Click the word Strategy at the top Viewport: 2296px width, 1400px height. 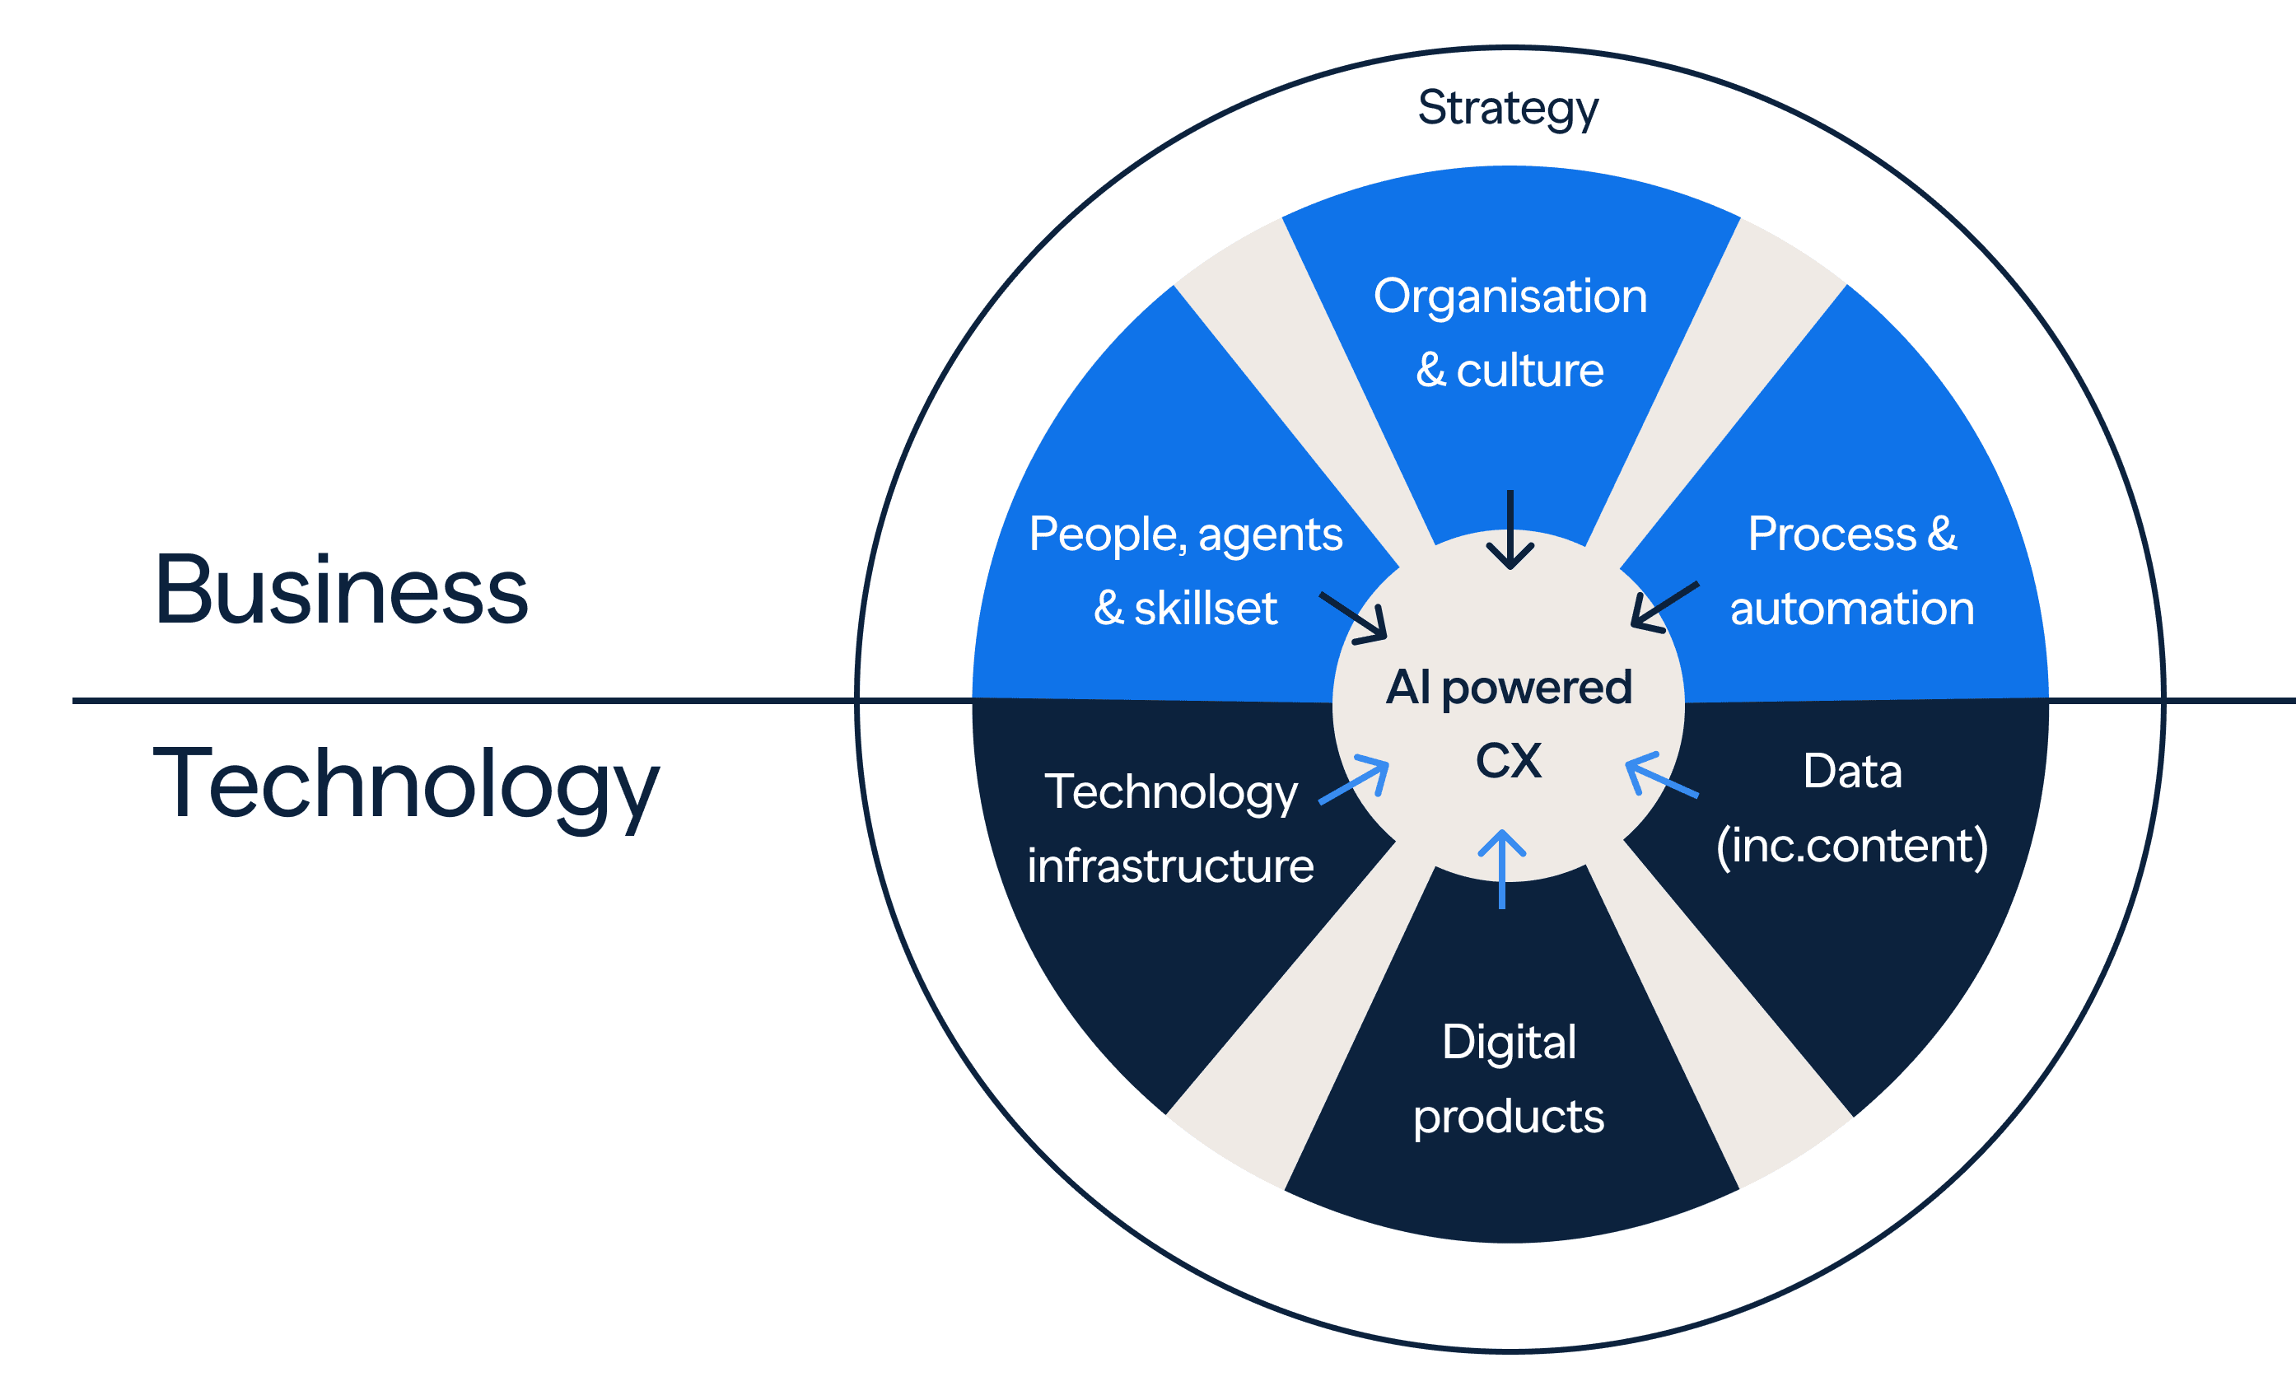[x=1507, y=108]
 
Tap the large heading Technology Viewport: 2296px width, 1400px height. [x=405, y=784]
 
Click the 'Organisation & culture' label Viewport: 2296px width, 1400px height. [x=1510, y=333]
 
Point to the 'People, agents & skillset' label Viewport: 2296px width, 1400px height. [x=1185, y=571]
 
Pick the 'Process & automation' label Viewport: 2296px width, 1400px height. [x=1851, y=571]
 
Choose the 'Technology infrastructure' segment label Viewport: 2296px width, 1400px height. [x=1170, y=828]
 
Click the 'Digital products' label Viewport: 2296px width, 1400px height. [x=1509, y=1079]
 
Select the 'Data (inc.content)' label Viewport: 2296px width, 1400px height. [x=1851, y=808]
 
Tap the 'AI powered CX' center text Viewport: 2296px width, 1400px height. [x=1509, y=723]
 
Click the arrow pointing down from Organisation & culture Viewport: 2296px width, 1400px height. [x=1510, y=530]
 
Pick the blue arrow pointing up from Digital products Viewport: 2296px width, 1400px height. [x=1502, y=868]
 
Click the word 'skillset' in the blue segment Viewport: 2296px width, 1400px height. [x=1205, y=609]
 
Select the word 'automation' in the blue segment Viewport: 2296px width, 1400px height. [x=1851, y=609]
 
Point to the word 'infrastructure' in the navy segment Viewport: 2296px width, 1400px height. [x=1170, y=866]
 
